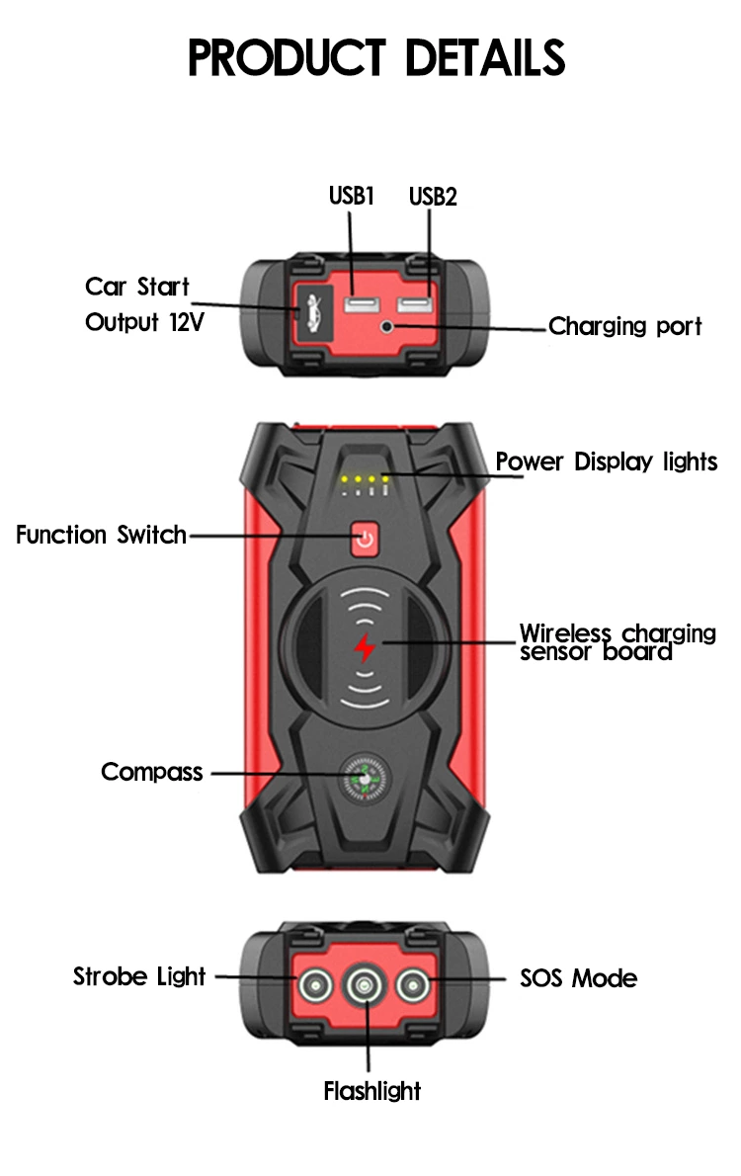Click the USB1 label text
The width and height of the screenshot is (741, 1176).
[351, 195]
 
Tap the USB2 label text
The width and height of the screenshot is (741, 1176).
[433, 196]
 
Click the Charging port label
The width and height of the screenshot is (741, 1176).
[624, 326]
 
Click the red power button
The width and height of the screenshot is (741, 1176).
[366, 540]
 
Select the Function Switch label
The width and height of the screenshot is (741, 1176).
[101, 536]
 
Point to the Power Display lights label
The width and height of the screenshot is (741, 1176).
[606, 462]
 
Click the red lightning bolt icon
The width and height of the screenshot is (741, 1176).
[366, 647]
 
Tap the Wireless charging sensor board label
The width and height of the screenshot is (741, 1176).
[617, 642]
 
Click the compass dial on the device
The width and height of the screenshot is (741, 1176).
[365, 780]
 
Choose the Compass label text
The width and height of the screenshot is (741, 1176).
[151, 772]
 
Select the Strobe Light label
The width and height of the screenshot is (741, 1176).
[139, 977]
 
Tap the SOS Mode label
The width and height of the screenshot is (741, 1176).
[578, 978]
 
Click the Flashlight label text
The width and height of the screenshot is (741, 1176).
[371, 1091]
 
